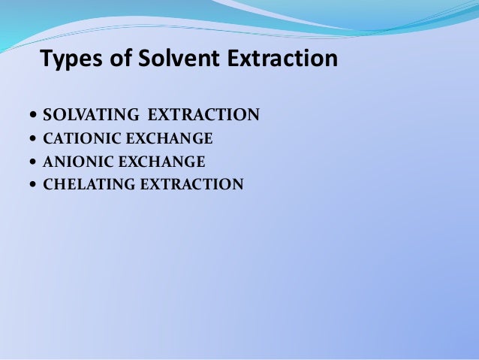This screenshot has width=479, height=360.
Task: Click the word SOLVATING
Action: pyautogui.click(x=91, y=116)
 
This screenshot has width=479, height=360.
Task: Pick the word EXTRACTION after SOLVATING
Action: pyautogui.click(x=203, y=116)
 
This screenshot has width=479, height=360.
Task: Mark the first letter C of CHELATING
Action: pyautogui.click(x=49, y=183)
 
